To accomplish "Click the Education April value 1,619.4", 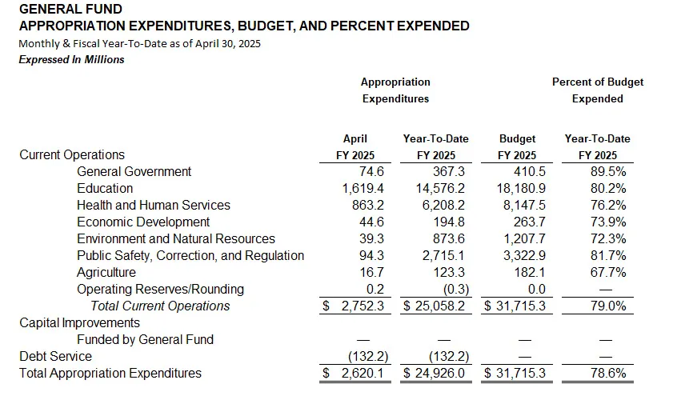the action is [363, 188].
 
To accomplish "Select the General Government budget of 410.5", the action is [530, 171].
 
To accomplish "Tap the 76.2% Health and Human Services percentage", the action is [608, 205].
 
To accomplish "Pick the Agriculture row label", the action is [106, 272].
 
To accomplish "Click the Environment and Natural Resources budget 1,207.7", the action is [524, 238].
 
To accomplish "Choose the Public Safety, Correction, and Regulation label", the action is [190, 256].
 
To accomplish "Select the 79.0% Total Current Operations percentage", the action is [608, 306].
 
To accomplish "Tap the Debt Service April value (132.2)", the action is [368, 357].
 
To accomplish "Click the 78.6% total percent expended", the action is [608, 374].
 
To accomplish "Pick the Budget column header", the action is [517, 139].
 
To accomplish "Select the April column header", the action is [355, 139].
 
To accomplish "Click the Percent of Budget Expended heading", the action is [598, 90].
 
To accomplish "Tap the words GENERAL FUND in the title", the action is [70, 9].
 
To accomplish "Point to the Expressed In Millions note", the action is [72, 60].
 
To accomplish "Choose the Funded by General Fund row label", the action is [145, 340].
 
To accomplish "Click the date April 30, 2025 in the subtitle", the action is [227, 44].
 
